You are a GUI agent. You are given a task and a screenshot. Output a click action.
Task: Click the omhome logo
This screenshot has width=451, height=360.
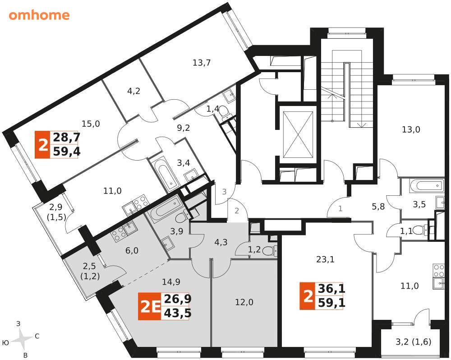[39, 15]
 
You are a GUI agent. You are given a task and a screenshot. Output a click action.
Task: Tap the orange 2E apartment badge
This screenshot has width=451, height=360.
[150, 306]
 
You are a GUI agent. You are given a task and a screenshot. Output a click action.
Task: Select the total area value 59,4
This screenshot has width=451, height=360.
[66, 151]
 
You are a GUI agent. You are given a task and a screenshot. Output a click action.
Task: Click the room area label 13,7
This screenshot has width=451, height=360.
[202, 62]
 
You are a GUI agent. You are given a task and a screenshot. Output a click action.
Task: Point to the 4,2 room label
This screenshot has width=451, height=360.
[134, 91]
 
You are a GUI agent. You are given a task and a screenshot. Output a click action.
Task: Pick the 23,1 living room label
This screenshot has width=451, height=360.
[325, 259]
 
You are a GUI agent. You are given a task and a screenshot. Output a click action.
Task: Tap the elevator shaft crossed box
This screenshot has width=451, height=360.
[298, 135]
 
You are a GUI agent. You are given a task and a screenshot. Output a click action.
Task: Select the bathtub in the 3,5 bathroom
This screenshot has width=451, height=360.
[427, 186]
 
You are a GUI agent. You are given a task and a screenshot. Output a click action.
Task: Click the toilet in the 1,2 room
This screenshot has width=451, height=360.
[270, 251]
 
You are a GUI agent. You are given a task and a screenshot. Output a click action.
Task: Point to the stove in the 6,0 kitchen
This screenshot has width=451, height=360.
[119, 234]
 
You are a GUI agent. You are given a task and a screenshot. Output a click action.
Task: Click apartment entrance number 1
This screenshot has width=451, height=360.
[341, 208]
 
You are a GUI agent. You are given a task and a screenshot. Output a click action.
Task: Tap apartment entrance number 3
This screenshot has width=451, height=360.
[224, 191]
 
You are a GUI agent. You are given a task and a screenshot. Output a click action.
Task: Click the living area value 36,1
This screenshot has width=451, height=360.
[331, 289]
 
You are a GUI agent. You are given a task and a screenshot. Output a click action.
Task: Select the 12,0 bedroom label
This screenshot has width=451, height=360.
[244, 302]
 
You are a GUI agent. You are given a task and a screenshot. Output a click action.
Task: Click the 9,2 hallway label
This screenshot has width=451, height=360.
[183, 128]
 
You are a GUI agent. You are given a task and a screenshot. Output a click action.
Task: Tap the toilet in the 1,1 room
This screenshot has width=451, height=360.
[423, 230]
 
